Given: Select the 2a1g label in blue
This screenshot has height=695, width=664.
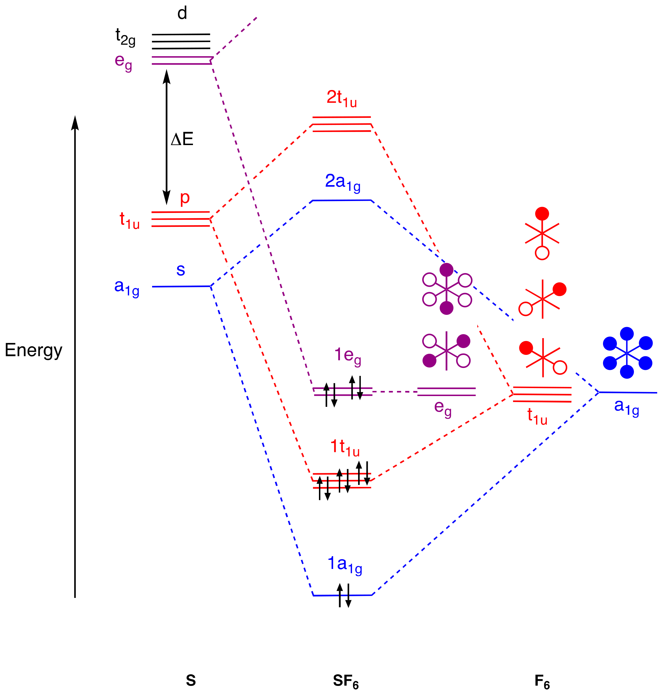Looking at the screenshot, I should click(342, 183).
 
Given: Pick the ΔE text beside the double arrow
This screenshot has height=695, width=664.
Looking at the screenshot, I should click(182, 139).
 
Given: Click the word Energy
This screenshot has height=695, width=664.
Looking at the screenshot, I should click(33, 350).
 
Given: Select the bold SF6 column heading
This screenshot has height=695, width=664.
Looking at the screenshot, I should click(345, 681).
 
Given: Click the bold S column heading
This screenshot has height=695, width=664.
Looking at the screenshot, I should click(191, 680).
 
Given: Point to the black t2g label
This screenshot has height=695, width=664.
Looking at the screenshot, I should click(125, 37).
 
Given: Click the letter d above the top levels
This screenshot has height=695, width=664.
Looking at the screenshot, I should click(182, 13).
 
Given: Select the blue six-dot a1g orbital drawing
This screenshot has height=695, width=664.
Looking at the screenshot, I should click(627, 353).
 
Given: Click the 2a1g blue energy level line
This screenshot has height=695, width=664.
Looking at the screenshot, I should click(342, 200).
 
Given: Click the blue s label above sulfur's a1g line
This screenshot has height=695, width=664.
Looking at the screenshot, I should click(180, 270).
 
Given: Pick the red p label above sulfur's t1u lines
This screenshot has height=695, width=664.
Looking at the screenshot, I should click(185, 198).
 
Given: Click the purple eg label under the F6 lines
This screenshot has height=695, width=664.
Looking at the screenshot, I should click(442, 408).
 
